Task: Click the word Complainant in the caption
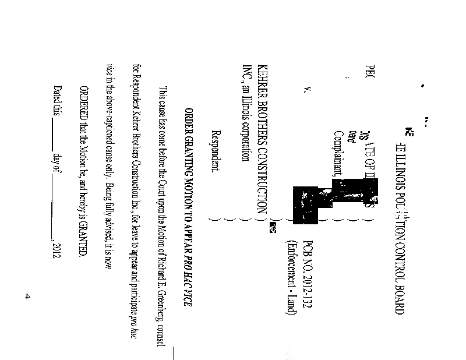coord(338,151)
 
